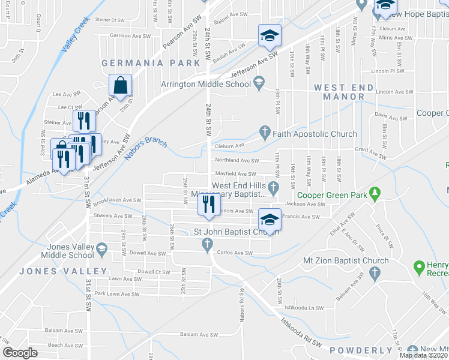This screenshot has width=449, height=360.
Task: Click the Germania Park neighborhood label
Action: pos(150,63)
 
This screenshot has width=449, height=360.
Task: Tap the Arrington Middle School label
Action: pos(205,84)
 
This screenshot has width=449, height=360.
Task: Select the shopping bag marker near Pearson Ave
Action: pos(121,86)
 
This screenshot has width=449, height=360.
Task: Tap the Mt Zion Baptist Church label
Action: pos(324,260)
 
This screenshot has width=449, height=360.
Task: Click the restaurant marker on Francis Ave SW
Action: pos(206,206)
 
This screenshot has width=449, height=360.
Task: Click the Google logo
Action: pos(20,353)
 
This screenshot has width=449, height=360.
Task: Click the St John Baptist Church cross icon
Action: pos(208,244)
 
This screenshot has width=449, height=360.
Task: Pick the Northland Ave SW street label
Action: pos(237,161)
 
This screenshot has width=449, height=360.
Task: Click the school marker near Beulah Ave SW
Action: pos(270,35)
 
